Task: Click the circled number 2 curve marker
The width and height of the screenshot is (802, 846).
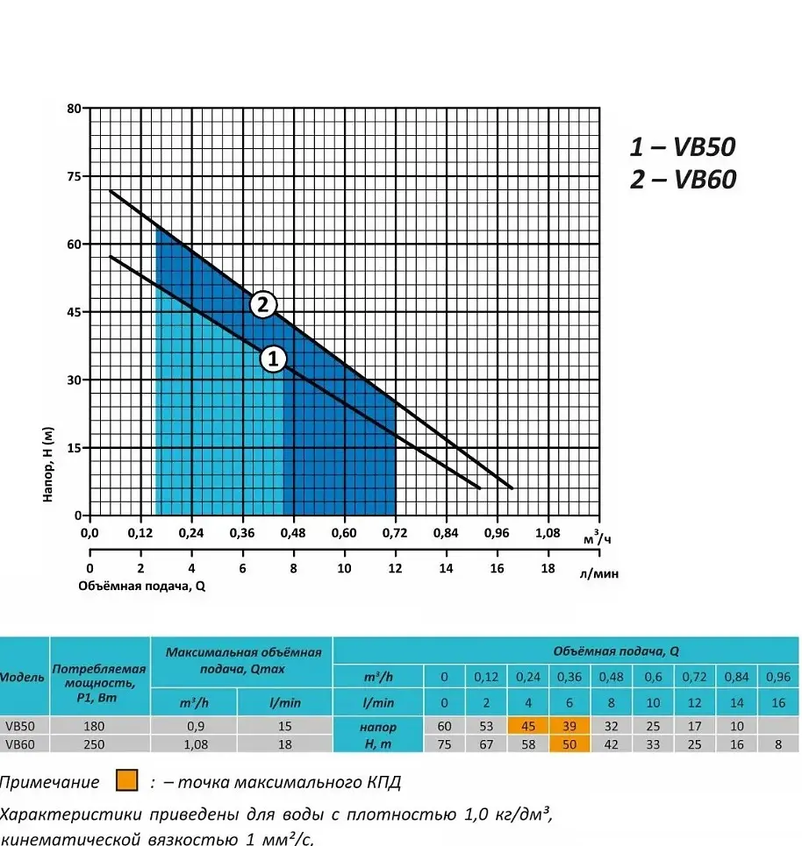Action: pyautogui.click(x=263, y=305)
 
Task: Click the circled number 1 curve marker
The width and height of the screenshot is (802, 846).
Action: pyautogui.click(x=273, y=359)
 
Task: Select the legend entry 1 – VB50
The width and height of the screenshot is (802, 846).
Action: pyautogui.click(x=683, y=146)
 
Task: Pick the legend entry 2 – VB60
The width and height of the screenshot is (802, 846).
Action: pyautogui.click(x=684, y=179)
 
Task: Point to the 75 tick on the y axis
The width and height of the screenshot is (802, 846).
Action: pyautogui.click(x=74, y=176)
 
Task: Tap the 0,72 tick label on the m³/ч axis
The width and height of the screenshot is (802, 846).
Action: pyautogui.click(x=394, y=533)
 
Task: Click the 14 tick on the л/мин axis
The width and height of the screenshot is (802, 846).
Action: pyautogui.click(x=446, y=568)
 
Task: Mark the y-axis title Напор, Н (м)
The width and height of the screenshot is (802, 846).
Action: pyautogui.click(x=48, y=465)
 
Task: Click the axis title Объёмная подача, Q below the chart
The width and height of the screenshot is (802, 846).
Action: pyautogui.click(x=141, y=586)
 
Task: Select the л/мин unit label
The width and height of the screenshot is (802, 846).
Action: pyautogui.click(x=599, y=573)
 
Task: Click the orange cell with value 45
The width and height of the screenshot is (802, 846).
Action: pyautogui.click(x=528, y=726)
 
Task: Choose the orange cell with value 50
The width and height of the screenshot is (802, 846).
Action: pyautogui.click(x=569, y=744)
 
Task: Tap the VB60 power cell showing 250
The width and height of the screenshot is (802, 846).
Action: pyautogui.click(x=94, y=744)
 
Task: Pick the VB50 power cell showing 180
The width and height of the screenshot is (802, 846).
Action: pyautogui.click(x=94, y=726)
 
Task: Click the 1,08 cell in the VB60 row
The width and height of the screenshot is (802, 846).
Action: pyautogui.click(x=196, y=744)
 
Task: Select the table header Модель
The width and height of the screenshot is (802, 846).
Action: pyautogui.click(x=22, y=677)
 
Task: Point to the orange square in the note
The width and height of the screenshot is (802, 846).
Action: pyautogui.click(x=127, y=780)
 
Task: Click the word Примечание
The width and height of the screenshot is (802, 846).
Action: pyautogui.click(x=49, y=782)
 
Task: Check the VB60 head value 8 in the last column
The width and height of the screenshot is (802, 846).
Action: pyautogui.click(x=778, y=744)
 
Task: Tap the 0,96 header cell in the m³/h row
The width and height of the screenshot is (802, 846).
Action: pyautogui.click(x=778, y=677)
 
